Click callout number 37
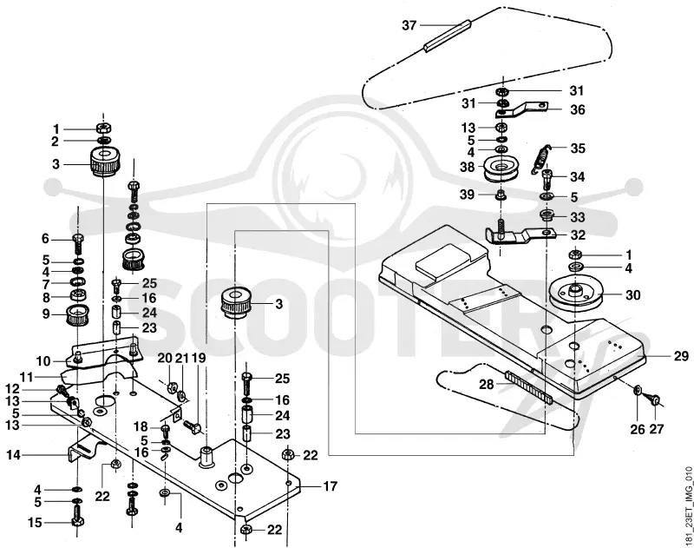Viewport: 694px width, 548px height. pos(409,25)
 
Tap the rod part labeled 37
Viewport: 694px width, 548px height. pos(448,36)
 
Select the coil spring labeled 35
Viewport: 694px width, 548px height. pos(540,159)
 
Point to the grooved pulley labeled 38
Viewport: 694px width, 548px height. pos(501,168)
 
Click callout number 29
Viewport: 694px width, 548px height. pos(681,356)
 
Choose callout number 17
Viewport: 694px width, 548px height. pos(330,486)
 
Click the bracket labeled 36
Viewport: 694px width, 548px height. pos(521,110)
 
